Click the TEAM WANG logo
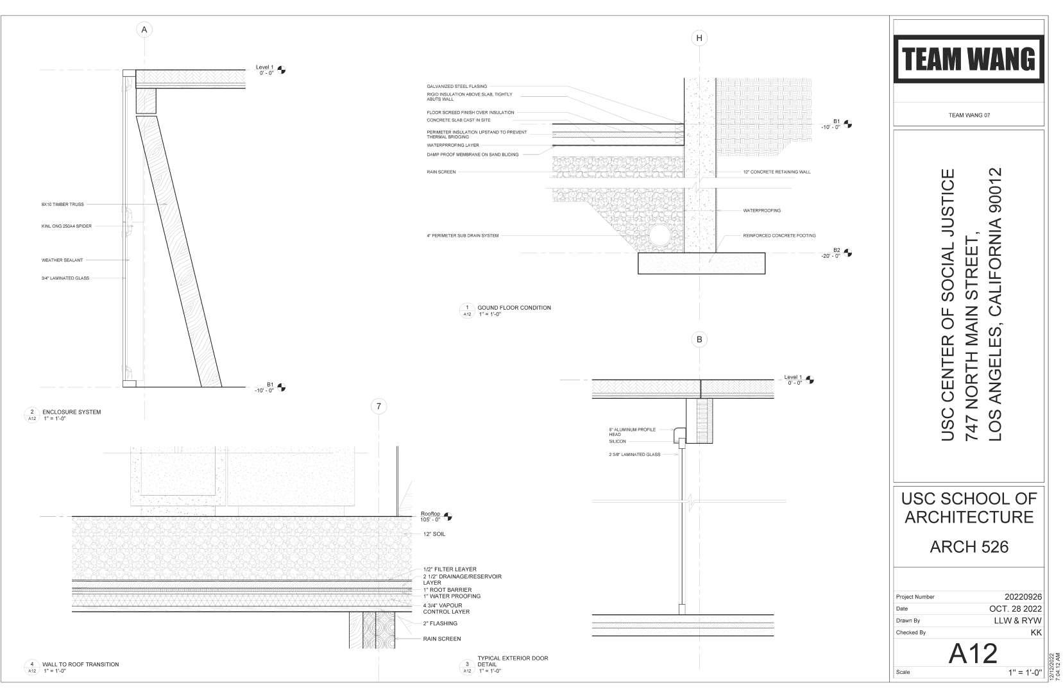(x=968, y=60)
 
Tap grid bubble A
(x=144, y=29)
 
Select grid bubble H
(x=699, y=38)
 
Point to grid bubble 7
(x=379, y=406)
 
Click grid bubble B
(x=699, y=339)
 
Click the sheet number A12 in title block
(x=973, y=653)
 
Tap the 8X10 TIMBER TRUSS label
(x=63, y=205)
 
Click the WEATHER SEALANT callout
(x=62, y=260)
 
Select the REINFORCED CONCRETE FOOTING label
(x=779, y=236)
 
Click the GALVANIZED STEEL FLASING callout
(x=457, y=87)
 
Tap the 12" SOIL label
(x=434, y=534)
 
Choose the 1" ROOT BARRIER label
(x=447, y=590)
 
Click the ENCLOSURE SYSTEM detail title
(x=71, y=412)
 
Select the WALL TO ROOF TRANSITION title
(x=80, y=664)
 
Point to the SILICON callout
(x=617, y=442)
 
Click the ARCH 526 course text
(x=969, y=546)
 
